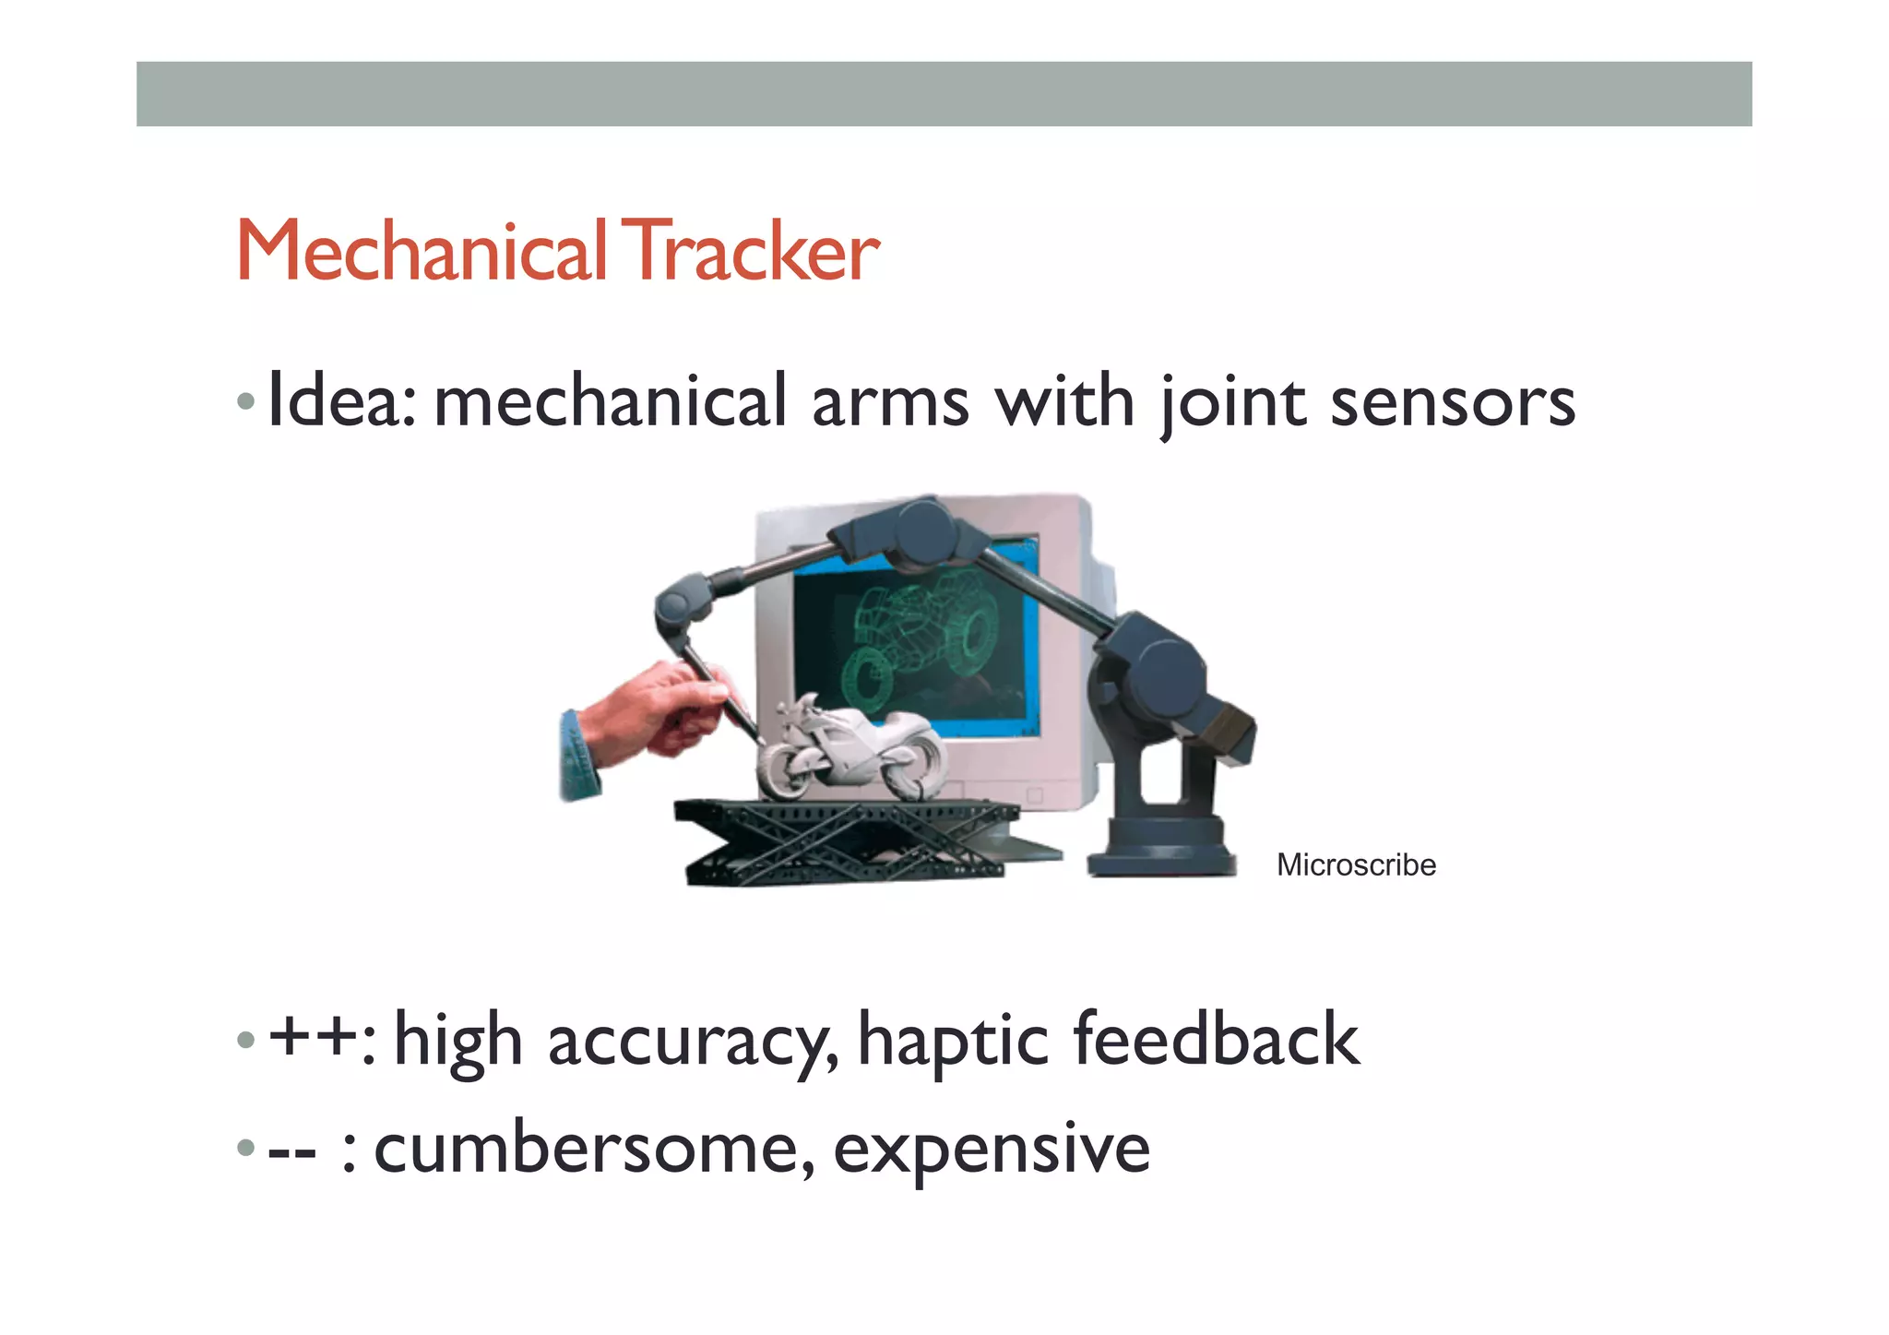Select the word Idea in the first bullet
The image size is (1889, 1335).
click(341, 402)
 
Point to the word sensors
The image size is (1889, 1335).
click(1453, 404)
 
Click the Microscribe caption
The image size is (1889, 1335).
click(1356, 864)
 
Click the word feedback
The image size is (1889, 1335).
click(1216, 1039)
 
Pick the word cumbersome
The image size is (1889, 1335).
click(594, 1148)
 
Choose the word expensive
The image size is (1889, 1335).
click(992, 1150)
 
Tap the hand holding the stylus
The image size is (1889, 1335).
click(646, 715)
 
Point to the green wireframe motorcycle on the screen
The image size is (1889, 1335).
click(913, 637)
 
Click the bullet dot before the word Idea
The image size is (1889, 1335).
click(245, 402)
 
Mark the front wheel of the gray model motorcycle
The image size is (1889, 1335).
click(786, 773)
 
